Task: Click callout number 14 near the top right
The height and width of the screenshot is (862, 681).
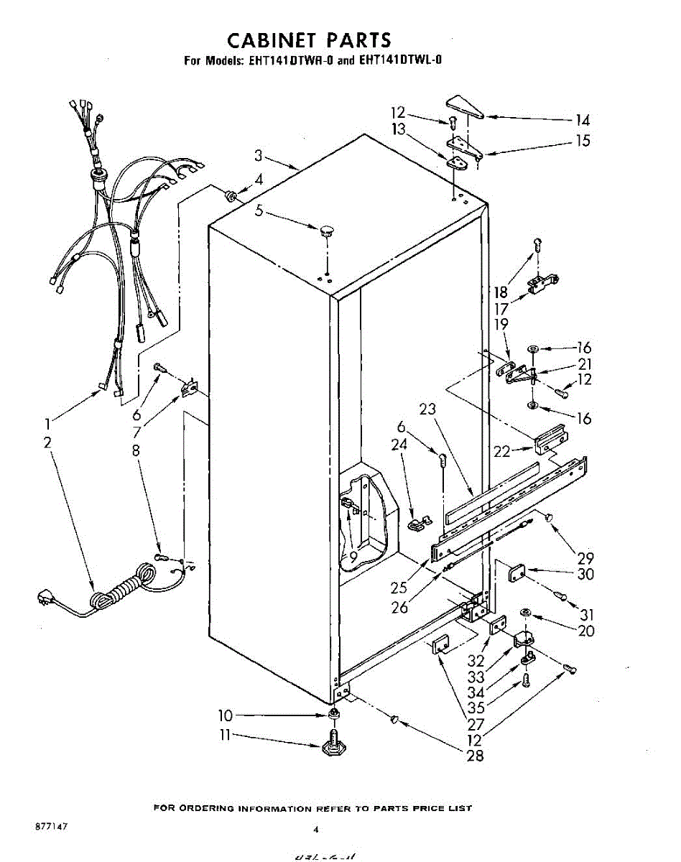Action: pos(583,121)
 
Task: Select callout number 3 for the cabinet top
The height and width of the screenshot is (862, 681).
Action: pos(258,155)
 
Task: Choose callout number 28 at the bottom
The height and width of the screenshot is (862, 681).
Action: pos(475,755)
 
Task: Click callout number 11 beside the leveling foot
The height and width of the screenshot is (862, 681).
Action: pos(226,735)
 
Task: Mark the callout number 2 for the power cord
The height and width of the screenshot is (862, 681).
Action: pos(47,442)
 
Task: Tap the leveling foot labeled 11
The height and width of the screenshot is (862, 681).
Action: pos(335,744)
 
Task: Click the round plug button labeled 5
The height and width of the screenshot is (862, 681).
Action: pos(327,231)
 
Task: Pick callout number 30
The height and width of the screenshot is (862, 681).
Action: pos(585,575)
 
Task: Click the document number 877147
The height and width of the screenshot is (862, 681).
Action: pos(51,828)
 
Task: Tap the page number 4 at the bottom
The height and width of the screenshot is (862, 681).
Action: pos(315,830)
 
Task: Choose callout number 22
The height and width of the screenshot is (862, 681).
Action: pos(501,450)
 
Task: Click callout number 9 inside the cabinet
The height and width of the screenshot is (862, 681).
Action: pos(353,556)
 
